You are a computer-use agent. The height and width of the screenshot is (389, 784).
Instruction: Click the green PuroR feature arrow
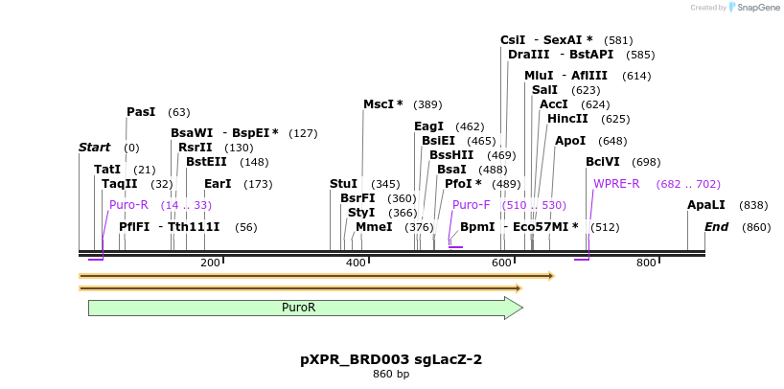click(x=305, y=308)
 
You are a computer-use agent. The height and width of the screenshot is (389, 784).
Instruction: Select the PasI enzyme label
click(x=141, y=112)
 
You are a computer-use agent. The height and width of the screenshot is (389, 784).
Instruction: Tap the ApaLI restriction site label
click(x=706, y=205)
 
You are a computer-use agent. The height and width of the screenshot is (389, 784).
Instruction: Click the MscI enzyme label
click(x=382, y=104)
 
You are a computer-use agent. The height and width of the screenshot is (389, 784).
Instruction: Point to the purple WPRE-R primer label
click(x=616, y=184)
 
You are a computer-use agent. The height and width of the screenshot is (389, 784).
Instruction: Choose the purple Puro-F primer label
click(x=471, y=205)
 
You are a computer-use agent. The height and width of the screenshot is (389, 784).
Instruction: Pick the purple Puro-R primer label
click(x=128, y=205)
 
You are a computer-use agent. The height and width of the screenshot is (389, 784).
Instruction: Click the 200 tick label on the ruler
click(x=210, y=263)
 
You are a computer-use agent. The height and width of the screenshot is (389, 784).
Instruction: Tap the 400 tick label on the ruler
click(x=356, y=263)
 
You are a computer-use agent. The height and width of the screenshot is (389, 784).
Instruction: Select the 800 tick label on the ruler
click(x=646, y=263)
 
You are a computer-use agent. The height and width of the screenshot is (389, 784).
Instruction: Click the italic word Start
click(x=94, y=148)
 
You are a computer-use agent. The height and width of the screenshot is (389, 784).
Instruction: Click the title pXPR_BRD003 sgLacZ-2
click(x=391, y=360)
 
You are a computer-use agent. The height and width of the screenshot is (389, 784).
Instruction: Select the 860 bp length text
click(x=391, y=375)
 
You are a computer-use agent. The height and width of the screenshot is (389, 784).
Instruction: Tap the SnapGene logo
click(x=757, y=8)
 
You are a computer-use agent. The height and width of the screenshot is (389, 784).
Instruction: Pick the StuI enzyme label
click(x=343, y=184)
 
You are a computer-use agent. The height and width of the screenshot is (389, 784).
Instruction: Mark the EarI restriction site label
click(x=218, y=184)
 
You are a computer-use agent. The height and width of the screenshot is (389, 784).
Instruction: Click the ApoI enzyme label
click(x=570, y=141)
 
